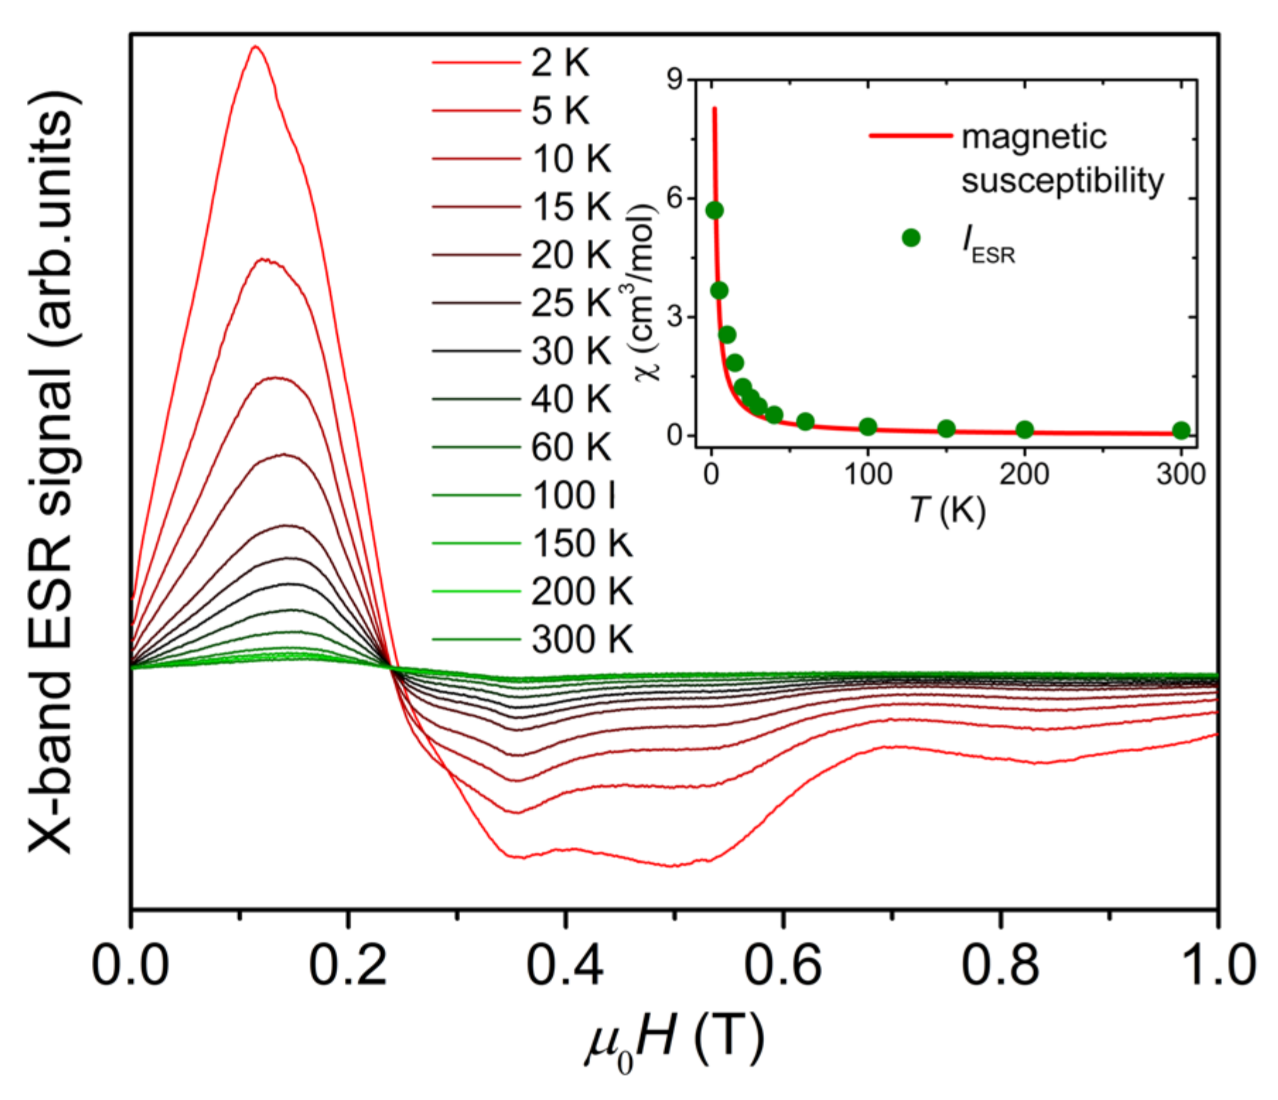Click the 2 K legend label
pos(560,63)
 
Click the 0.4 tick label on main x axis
pos(565,966)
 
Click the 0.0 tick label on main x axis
pos(131,966)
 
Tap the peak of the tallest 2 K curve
pos(255,47)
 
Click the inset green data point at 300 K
pos(1181,431)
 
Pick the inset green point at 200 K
pos(1025,429)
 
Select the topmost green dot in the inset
pos(715,210)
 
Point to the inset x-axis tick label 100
pos(868,474)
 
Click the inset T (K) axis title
pos(947,509)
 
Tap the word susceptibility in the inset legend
pos(1062,181)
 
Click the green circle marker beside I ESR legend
pos(911,238)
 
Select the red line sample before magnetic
pos(910,135)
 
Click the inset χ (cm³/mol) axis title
pos(645,292)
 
